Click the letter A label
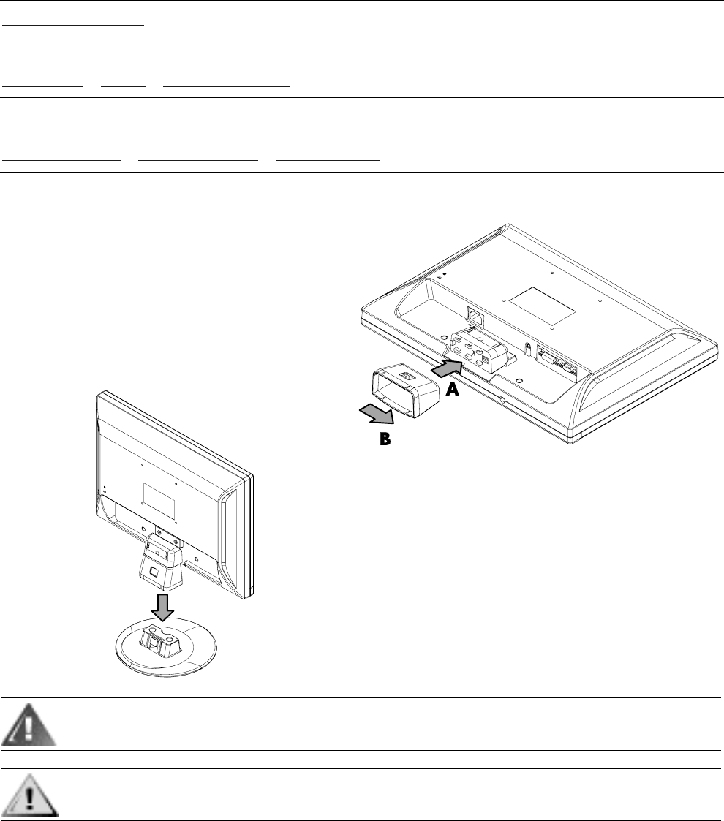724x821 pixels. coord(453,391)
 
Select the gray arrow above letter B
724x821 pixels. coord(377,414)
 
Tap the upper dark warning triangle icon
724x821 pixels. coord(31,724)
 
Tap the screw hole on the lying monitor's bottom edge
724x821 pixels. coord(503,399)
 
